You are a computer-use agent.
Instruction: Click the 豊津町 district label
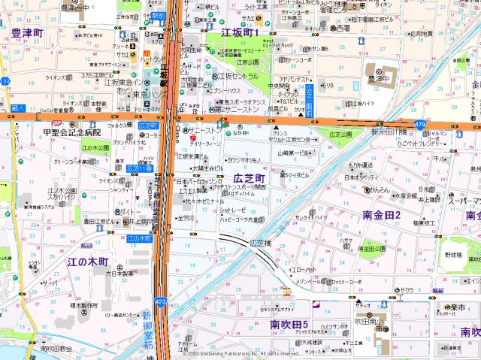click(27, 33)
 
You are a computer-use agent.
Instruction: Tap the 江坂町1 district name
click(240, 33)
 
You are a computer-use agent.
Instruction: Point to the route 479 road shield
click(419, 123)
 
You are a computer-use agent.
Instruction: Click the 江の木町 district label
click(87, 262)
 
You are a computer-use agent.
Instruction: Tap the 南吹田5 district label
click(290, 325)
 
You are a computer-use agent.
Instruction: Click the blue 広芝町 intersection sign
click(150, 124)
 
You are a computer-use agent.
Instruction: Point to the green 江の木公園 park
click(95, 148)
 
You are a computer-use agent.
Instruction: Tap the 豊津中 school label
click(381, 77)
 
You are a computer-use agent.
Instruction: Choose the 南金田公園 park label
click(371, 248)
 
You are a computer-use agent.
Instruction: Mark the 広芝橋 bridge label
click(259, 243)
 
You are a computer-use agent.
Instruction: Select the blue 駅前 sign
click(157, 14)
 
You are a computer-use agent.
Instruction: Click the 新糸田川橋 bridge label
click(388, 132)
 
